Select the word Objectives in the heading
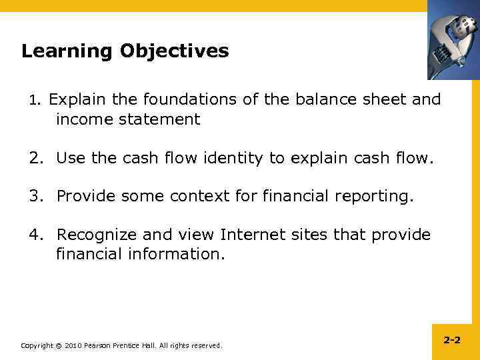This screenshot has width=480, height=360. [175, 52]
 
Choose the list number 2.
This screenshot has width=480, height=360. [35, 159]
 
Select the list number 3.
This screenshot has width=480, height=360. [35, 197]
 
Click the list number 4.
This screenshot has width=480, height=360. [35, 235]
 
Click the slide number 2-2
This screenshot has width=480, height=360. [451, 341]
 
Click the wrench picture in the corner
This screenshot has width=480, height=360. [453, 40]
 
